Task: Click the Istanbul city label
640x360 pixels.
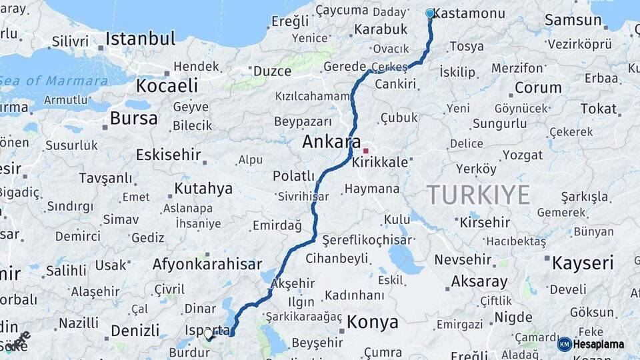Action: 140,37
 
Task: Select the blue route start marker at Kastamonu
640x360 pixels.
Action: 430,13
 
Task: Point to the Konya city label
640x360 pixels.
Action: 373,323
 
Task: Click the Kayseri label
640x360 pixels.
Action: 582,263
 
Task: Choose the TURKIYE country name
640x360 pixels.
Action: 478,195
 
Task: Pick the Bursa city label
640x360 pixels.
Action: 134,119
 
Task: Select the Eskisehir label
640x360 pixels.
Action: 168,155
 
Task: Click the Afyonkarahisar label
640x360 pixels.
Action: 207,264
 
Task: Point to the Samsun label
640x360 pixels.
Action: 573,20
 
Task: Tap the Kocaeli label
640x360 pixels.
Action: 167,85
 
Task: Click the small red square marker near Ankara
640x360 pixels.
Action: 365,151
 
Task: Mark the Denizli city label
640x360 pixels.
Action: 135,331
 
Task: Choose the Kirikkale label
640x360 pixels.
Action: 382,163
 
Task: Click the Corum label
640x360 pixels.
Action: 538,87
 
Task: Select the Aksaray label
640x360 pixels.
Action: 479,281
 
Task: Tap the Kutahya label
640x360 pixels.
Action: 203,189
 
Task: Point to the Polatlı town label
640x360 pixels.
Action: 293,176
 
